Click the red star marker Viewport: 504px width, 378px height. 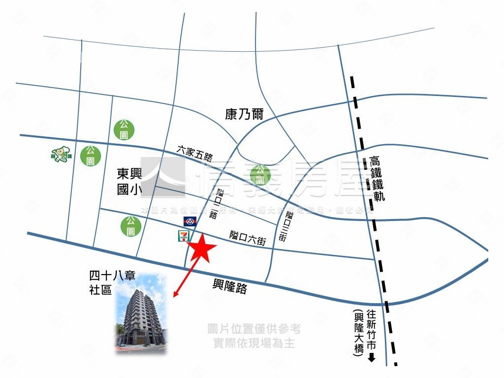coord(202,249)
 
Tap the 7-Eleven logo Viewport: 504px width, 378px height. coord(182,235)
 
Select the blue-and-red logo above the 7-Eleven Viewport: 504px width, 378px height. coord(190,221)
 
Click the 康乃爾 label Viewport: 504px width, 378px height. coord(245,115)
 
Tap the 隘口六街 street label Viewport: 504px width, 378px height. coord(248,239)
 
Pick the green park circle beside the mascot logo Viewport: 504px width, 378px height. coord(91,155)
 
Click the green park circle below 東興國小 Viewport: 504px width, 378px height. coord(130,226)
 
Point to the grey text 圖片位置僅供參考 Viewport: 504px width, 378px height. coord(254,329)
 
